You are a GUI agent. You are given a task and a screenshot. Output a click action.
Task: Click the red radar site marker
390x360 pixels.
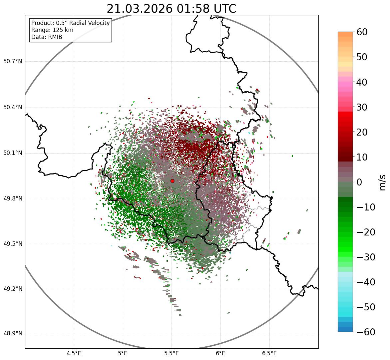(x=172, y=181)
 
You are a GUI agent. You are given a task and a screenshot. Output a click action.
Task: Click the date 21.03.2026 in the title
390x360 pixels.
(x=140, y=9)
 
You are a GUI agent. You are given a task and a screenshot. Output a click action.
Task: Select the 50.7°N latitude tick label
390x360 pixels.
(x=13, y=61)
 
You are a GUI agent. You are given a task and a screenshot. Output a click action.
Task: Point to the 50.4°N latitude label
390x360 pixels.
(x=13, y=107)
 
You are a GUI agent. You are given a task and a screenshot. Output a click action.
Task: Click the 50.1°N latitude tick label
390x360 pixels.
(x=13, y=153)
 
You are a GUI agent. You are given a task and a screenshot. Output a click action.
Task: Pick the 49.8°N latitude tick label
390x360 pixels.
(x=13, y=199)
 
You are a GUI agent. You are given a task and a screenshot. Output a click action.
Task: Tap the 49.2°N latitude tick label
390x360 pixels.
(x=13, y=289)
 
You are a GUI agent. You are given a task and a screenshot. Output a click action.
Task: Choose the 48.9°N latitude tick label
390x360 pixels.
(x=13, y=334)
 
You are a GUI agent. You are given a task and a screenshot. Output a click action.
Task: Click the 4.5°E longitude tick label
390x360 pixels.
(x=74, y=353)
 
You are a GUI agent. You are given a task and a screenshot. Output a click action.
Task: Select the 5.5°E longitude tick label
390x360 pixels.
(x=172, y=353)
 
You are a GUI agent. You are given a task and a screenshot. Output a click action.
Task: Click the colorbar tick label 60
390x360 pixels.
(x=362, y=32)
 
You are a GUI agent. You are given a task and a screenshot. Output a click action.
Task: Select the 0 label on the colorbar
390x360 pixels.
(x=359, y=182)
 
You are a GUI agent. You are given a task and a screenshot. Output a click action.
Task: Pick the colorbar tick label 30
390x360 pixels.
(x=362, y=107)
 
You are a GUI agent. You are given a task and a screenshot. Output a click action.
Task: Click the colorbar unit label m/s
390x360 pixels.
(x=383, y=182)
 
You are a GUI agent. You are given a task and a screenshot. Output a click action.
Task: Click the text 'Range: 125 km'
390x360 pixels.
(x=52, y=30)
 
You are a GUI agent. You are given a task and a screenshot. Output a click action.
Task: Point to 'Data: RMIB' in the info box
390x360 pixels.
(x=47, y=37)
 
